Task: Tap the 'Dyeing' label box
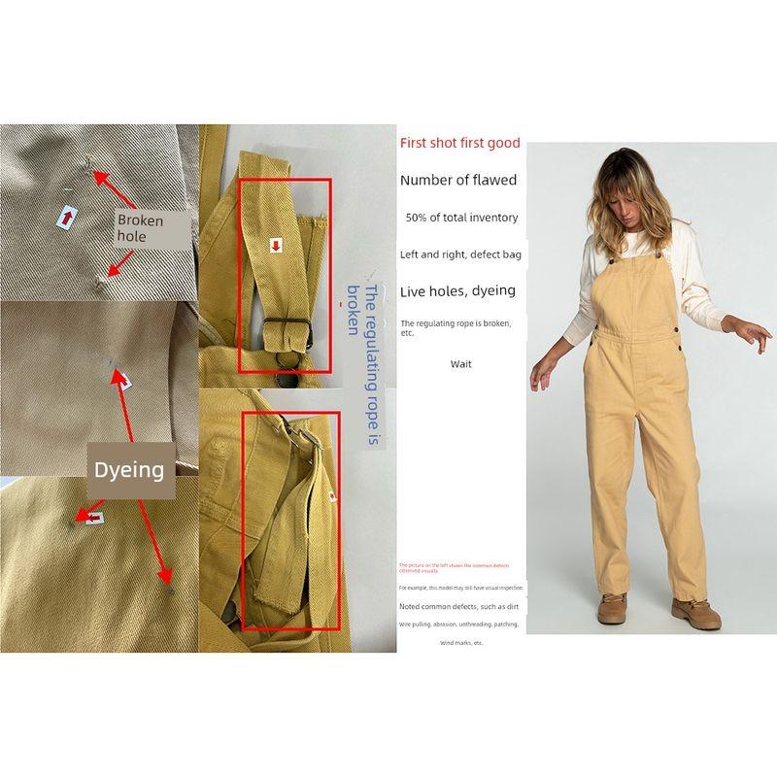pyautogui.click(x=128, y=470)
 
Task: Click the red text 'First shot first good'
pyautogui.click(x=459, y=143)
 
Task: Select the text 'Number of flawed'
pyautogui.click(x=458, y=180)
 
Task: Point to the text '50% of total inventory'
pyautogui.click(x=461, y=218)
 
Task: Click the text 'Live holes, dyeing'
pyautogui.click(x=457, y=290)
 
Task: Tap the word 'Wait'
pyautogui.click(x=460, y=364)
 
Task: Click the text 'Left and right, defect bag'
pyautogui.click(x=460, y=254)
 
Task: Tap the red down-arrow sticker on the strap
pyautogui.click(x=276, y=247)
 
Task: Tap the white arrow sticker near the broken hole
pyautogui.click(x=66, y=219)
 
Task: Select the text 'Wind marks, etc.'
pyautogui.click(x=460, y=643)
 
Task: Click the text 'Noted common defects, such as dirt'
pyautogui.click(x=458, y=606)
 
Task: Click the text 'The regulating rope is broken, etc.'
pyautogui.click(x=456, y=326)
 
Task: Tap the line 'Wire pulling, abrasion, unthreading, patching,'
pyautogui.click(x=458, y=625)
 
